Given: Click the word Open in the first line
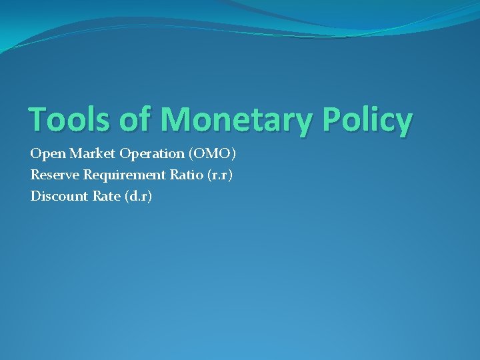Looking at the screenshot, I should click(44, 155).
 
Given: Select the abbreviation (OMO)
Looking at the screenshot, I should click(212, 154).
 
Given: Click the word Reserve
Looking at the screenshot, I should click(55, 175).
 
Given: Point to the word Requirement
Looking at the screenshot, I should click(123, 176).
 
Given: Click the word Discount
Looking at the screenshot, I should click(57, 197).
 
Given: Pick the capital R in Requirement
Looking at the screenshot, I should click(88, 175).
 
